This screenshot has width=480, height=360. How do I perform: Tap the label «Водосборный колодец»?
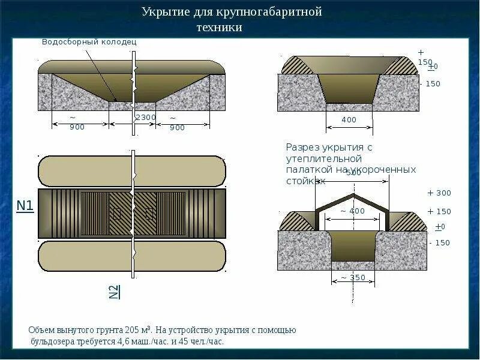click(x=89, y=42)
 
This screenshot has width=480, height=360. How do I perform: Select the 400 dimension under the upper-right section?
click(x=349, y=119)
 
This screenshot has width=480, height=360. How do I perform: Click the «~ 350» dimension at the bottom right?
click(x=353, y=277)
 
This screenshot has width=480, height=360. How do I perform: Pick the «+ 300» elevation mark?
click(x=439, y=193)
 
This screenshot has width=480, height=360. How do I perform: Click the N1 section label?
click(x=25, y=206)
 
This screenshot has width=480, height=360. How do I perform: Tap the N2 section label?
click(x=114, y=291)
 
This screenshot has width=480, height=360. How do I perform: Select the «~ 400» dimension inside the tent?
click(x=352, y=211)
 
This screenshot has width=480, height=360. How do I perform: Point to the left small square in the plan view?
click(x=117, y=213)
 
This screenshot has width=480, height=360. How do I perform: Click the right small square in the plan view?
click(x=149, y=213)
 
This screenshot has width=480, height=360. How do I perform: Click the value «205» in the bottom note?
click(x=133, y=331)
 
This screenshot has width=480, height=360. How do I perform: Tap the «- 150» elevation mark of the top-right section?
click(x=431, y=84)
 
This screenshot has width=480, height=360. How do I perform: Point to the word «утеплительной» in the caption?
click(x=323, y=158)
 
